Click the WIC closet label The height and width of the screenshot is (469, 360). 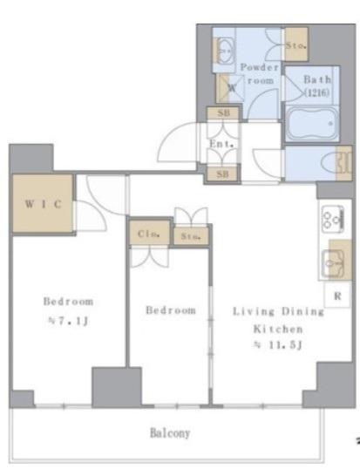(x=44, y=204)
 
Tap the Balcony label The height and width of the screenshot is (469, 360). (x=170, y=432)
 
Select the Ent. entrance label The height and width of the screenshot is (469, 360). (x=221, y=144)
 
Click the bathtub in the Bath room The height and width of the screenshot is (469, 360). (x=312, y=123)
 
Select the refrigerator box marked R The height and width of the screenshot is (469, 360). (x=337, y=296)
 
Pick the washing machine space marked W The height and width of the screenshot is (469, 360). (x=230, y=88)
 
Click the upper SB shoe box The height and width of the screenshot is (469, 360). (x=223, y=113)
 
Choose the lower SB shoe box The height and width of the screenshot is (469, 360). (x=222, y=173)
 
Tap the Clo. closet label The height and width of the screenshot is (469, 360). (x=148, y=234)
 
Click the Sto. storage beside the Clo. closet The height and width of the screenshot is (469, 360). (x=191, y=236)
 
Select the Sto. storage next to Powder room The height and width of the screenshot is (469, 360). (x=296, y=45)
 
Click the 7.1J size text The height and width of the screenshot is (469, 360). (x=68, y=321)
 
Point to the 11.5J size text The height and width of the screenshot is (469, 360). (x=279, y=345)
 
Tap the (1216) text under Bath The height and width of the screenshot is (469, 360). (x=317, y=92)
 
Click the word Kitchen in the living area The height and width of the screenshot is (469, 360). (x=278, y=329)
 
